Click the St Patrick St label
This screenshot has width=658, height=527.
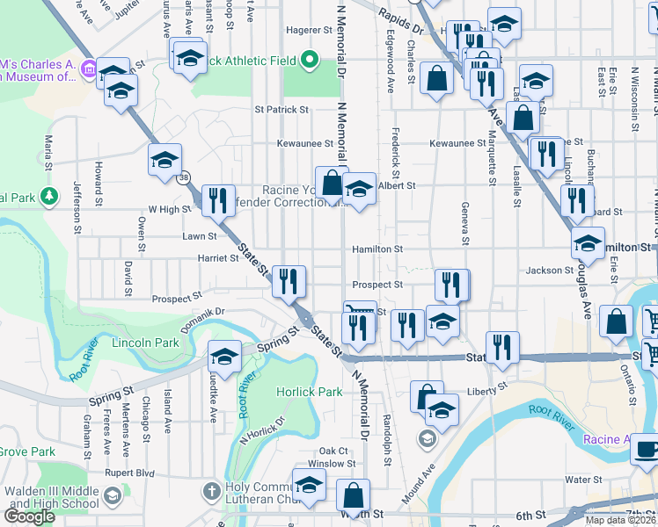(x=281, y=111)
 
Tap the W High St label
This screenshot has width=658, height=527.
(x=169, y=209)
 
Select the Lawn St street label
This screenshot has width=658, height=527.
(x=199, y=236)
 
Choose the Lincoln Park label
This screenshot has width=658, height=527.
(x=145, y=343)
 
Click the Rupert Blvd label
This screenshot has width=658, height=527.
(x=129, y=472)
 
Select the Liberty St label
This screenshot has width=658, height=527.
(x=489, y=386)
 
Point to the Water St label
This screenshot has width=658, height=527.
(x=582, y=480)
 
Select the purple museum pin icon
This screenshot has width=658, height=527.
(x=88, y=68)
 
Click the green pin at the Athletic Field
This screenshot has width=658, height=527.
(x=309, y=61)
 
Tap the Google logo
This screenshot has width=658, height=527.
(x=29, y=516)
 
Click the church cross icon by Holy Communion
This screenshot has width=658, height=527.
(x=211, y=488)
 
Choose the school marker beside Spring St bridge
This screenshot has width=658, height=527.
(x=224, y=357)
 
